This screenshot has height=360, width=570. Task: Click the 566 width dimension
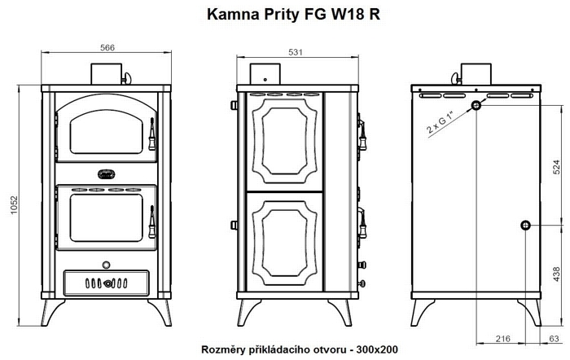(x=107, y=47)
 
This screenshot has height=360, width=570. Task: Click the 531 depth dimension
(x=295, y=52)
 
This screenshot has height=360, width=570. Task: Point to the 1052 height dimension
(x=14, y=205)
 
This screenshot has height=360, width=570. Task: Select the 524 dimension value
(x=556, y=167)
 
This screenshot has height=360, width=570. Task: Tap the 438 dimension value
(x=556, y=274)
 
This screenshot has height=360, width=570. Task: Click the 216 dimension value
(x=502, y=339)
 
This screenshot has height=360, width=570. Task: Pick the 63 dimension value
(x=554, y=339)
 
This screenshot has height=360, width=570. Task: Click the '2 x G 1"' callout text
(x=441, y=124)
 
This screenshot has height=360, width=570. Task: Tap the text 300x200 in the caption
(x=377, y=349)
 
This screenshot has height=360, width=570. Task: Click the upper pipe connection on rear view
(x=476, y=105)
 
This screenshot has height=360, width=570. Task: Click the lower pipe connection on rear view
(x=525, y=226)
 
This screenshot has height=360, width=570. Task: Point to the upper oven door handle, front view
(x=152, y=134)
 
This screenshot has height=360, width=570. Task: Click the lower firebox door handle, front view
(x=152, y=222)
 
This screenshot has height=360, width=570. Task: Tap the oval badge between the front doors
(x=106, y=174)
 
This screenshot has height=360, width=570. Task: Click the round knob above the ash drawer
(x=106, y=265)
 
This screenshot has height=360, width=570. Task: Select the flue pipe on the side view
(x=265, y=74)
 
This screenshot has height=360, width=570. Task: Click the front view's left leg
(x=52, y=312)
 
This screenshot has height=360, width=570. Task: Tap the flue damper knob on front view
(x=127, y=78)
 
